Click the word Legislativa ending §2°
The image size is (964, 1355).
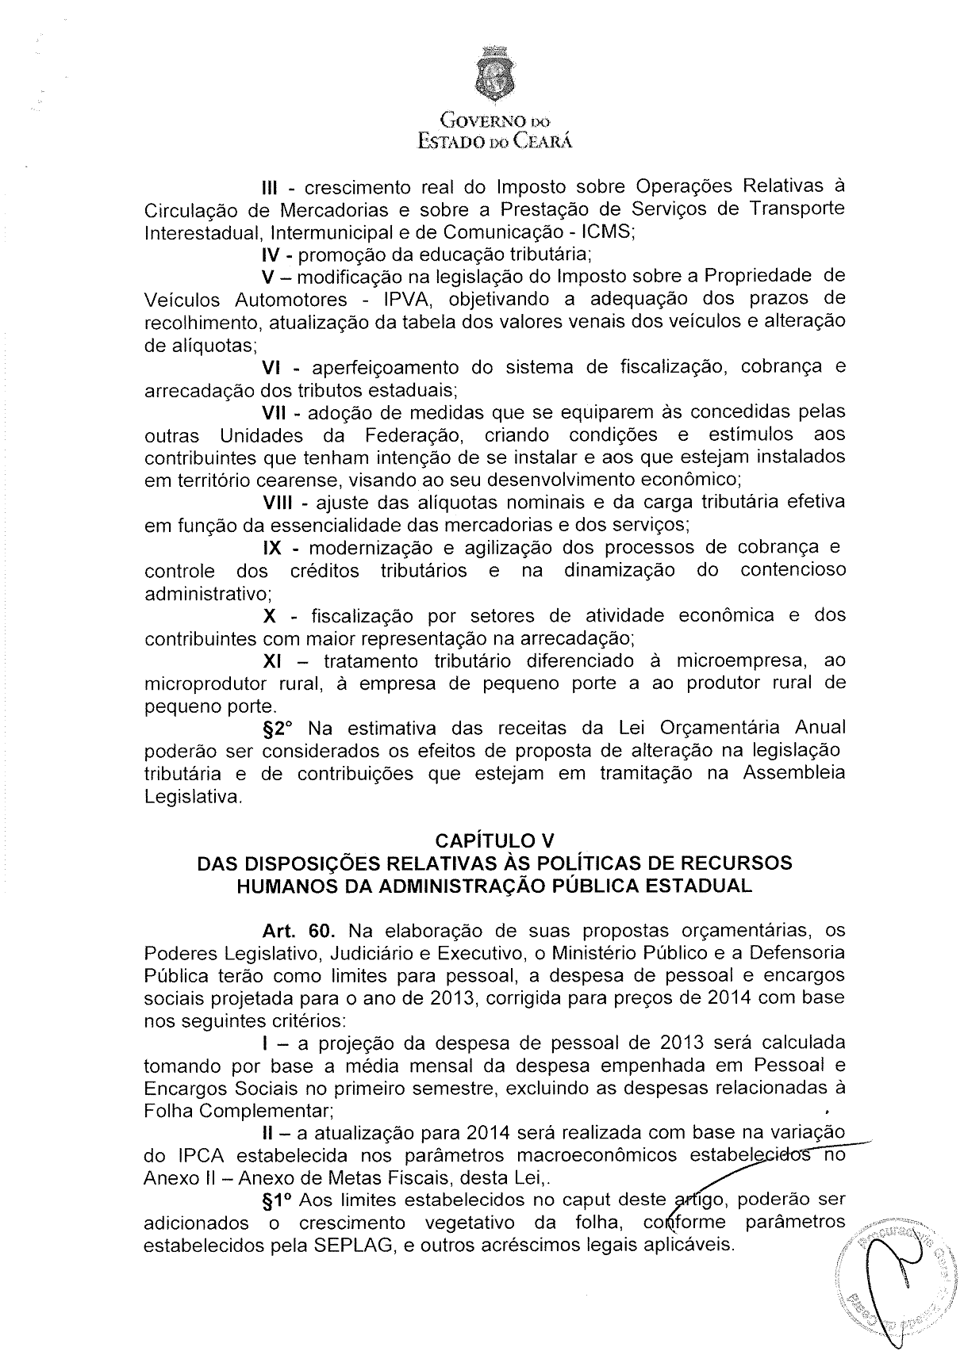pos(192,797)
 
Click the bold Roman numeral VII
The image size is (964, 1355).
pos(279,413)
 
